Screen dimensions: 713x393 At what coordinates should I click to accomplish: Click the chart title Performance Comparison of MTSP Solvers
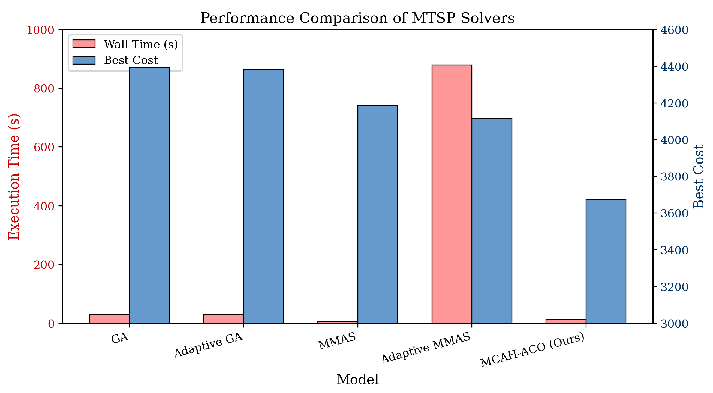point(357,18)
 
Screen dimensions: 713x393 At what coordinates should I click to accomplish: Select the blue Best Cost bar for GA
point(149,195)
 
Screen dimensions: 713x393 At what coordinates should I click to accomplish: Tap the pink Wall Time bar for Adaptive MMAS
point(452,194)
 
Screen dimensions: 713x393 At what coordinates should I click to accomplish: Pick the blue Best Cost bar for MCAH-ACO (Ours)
point(606,262)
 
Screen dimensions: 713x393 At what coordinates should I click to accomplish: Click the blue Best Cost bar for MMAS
point(378,214)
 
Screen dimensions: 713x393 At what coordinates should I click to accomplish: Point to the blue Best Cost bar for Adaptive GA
point(263,196)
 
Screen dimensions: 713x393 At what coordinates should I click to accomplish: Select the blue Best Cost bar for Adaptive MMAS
point(492,221)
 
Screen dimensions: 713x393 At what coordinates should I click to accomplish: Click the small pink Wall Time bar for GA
point(109,319)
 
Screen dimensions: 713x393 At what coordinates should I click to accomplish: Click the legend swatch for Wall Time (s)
point(84,44)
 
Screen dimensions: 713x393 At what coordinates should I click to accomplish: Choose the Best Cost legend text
point(131,60)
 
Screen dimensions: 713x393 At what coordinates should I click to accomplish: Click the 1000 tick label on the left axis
point(40,30)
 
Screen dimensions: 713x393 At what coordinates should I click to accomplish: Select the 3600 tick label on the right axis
point(674,213)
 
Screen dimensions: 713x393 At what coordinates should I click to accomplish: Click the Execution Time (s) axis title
point(14,177)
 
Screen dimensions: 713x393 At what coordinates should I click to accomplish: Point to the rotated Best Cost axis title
point(699,177)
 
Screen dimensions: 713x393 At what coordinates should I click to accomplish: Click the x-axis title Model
point(357,379)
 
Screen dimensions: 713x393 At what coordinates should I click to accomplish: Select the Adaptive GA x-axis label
point(209,345)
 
